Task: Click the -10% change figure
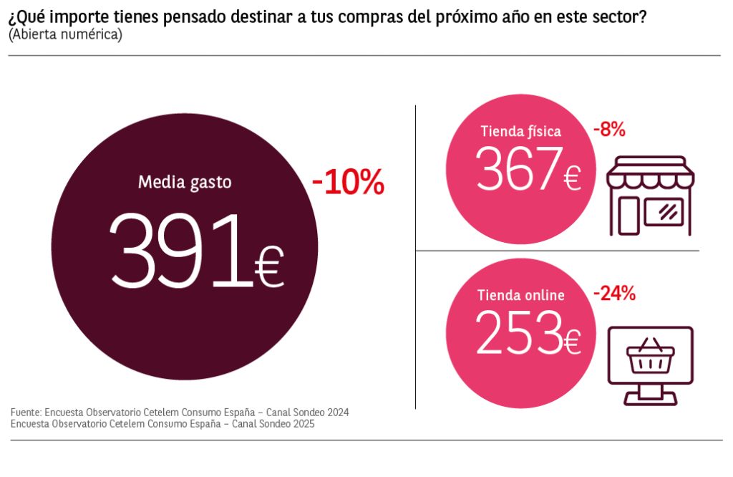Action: click(x=348, y=183)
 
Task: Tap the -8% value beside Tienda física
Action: click(x=609, y=130)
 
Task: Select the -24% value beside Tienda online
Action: click(x=614, y=293)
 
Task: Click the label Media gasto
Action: click(x=185, y=182)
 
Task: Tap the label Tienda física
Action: click(x=520, y=131)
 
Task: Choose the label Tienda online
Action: click(x=520, y=295)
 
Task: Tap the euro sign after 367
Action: click(x=571, y=178)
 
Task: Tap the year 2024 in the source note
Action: click(x=338, y=413)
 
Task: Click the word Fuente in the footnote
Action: click(x=25, y=413)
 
